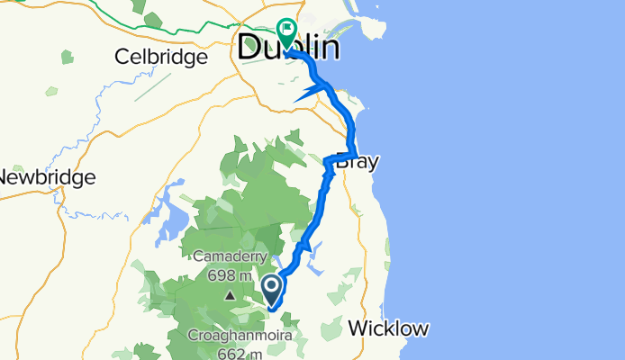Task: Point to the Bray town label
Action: [x=357, y=165]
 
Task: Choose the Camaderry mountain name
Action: [x=231, y=257]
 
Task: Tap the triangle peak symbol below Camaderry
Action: [x=231, y=294]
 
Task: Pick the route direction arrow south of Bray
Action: [x=306, y=242]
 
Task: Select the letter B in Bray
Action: [x=342, y=165]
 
